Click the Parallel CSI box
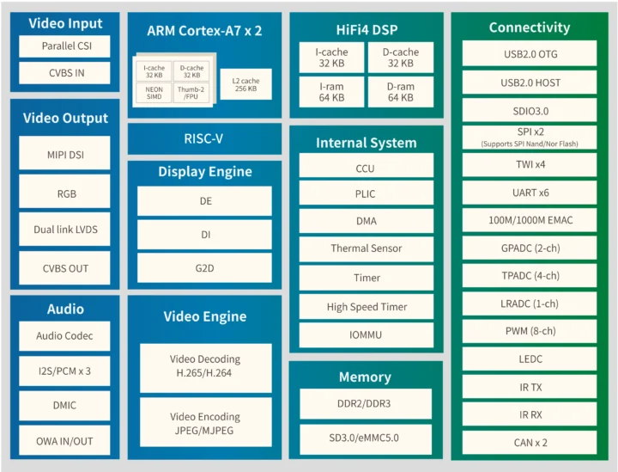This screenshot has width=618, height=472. tap(65, 46)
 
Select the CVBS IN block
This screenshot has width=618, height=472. tap(65, 73)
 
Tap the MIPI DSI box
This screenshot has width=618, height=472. tap(65, 156)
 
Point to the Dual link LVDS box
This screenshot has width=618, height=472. tap(65, 230)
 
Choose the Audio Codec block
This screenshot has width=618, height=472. tap(65, 336)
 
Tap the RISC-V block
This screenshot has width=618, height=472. tap(204, 138)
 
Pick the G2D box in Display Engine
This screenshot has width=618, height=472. tap(204, 267)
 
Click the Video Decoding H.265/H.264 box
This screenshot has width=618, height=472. tap(204, 365)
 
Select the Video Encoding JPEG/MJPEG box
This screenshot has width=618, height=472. tap(204, 423)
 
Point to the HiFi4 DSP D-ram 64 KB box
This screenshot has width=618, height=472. tap(400, 92)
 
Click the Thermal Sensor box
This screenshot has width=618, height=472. tap(366, 248)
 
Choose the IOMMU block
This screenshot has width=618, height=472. tap(366, 335)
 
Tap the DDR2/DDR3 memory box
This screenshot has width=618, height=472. tap(366, 403)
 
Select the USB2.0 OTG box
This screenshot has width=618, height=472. tap(529, 54)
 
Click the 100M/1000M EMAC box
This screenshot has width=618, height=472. tap(529, 221)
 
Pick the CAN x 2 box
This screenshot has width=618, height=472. tap(529, 443)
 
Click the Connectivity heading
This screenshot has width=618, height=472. tap(529, 28)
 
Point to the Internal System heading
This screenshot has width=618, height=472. tap(366, 143)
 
